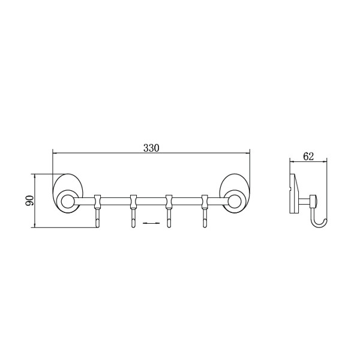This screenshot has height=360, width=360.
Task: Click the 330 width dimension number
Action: pyautogui.click(x=151, y=148)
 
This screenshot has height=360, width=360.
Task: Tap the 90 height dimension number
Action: pyautogui.click(x=29, y=200)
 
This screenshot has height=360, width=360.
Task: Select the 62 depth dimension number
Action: pyautogui.click(x=308, y=157)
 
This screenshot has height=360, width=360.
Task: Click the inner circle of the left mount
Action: pyautogui.click(x=67, y=202)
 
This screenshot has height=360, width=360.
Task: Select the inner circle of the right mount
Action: pyautogui.click(x=235, y=202)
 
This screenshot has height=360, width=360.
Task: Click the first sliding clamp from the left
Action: pyautogui.click(x=98, y=201)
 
